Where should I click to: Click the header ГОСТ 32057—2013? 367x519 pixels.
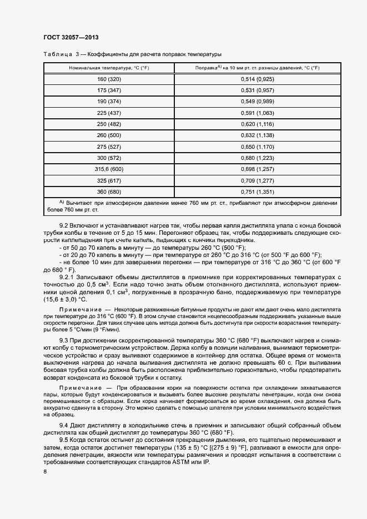(x=67, y=37)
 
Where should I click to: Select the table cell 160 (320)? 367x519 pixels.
(x=109, y=79)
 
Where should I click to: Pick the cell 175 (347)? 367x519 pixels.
(x=109, y=90)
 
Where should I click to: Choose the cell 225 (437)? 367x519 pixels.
(x=109, y=112)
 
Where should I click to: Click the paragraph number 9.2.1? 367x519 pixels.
(x=67, y=276)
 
